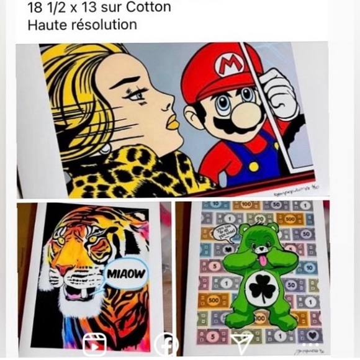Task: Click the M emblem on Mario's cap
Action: [x=223, y=64]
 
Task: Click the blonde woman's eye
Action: [x=138, y=93]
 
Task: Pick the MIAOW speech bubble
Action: [x=126, y=274]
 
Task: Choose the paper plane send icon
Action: [x=242, y=343]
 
